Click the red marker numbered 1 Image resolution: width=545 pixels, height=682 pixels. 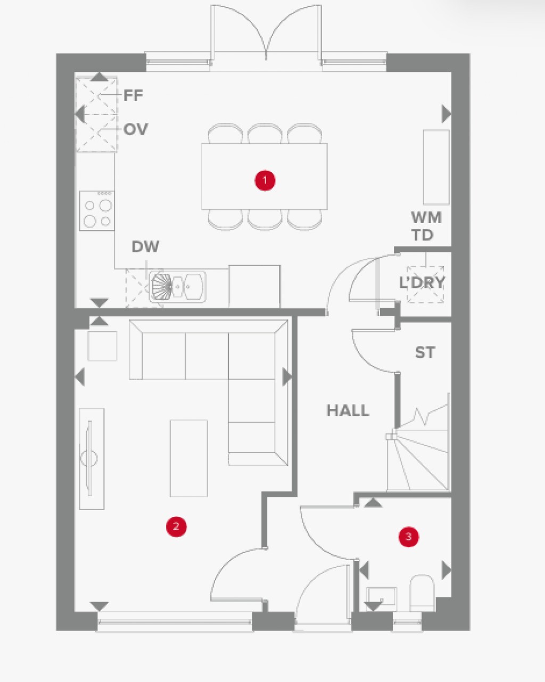265,180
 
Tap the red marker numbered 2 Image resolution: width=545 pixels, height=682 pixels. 176,527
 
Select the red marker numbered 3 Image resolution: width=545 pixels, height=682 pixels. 409,537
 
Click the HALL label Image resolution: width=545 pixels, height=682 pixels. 348,410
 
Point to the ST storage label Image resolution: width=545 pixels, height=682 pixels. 425,352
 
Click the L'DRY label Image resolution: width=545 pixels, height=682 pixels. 422,283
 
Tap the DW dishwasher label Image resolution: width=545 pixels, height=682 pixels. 145,246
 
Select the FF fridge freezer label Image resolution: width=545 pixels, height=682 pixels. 133,96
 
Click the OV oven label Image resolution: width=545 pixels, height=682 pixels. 135,129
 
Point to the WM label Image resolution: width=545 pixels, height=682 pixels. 426,217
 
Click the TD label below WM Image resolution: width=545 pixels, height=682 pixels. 423,235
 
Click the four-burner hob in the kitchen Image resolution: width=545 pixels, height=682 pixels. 97,211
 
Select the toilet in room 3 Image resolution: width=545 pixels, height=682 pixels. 422,592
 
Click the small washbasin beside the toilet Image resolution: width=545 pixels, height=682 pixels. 382,596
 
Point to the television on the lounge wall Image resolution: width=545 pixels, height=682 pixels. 89,458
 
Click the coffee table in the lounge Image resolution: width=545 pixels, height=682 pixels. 188,458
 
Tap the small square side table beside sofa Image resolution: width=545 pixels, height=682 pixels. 102,346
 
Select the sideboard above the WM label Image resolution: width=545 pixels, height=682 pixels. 436,167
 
